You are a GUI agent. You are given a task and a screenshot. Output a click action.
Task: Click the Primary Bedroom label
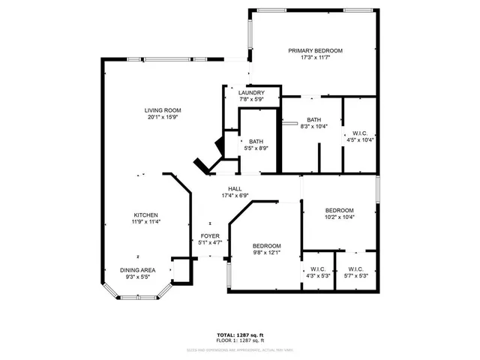click(x=315, y=50)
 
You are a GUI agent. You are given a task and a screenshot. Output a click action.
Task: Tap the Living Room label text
click(x=163, y=110)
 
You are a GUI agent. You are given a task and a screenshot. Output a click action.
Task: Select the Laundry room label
click(x=251, y=92)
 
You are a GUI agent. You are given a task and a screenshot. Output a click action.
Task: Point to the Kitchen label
click(x=145, y=214)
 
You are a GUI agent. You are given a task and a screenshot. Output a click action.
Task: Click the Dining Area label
click(x=138, y=270)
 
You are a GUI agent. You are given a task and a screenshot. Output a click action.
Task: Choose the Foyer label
click(x=210, y=236)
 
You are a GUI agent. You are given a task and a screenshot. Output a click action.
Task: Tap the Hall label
click(x=235, y=188)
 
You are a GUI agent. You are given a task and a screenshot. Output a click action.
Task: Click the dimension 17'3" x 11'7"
click(x=315, y=58)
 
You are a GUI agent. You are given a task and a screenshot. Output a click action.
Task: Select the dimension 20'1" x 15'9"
click(x=163, y=118)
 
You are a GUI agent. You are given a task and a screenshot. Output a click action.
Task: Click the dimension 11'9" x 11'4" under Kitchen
click(x=145, y=222)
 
